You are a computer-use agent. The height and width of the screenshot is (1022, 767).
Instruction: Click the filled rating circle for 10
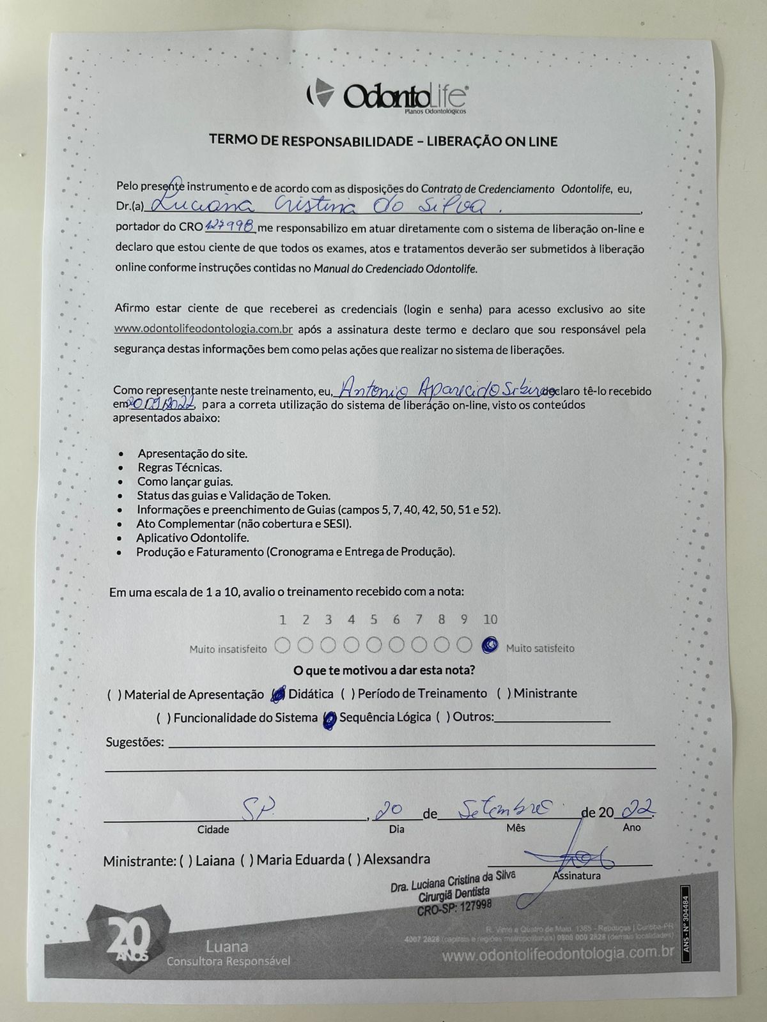490,645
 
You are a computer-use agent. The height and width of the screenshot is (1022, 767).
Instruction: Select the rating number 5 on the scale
373,619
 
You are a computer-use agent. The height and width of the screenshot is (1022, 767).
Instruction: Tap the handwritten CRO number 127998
231,226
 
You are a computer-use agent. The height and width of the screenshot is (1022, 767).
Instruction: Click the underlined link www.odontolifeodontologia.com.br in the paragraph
203,330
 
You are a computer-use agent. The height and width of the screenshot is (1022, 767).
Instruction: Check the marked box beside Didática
278,694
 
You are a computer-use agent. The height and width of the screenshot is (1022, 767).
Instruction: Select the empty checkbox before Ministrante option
503,694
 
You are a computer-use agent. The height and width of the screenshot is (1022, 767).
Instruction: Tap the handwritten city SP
249,810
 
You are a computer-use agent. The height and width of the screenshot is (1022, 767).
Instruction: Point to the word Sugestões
134,742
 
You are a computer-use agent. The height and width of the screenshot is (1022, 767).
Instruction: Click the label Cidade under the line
213,830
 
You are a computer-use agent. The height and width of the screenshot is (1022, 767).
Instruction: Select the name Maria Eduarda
300,860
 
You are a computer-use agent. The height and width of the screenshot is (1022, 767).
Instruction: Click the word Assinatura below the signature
577,876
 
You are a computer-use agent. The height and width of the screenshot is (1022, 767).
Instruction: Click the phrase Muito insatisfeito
228,649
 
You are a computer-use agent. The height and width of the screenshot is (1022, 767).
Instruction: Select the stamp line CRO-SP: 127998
454,908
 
